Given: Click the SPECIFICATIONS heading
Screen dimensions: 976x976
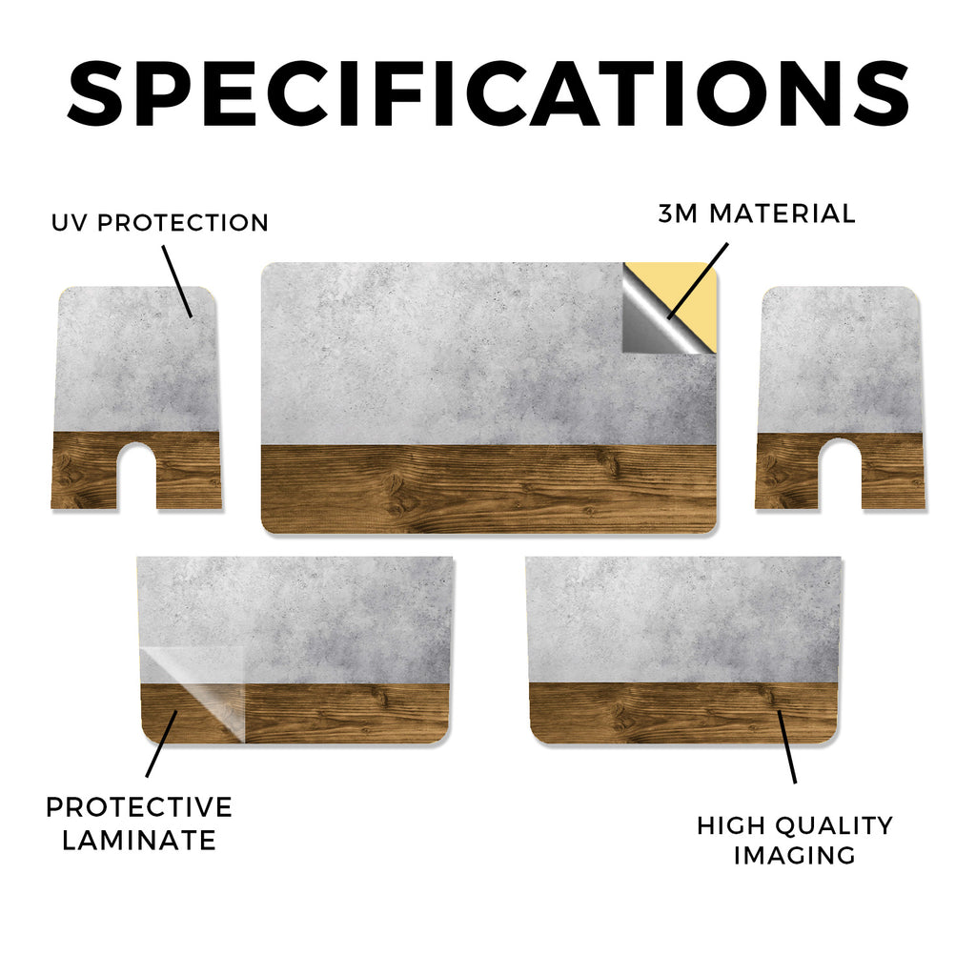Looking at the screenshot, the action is (x=488, y=93).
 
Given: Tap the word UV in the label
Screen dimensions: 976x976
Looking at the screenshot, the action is (x=70, y=223).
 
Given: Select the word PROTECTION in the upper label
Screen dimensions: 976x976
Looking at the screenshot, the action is (x=183, y=223).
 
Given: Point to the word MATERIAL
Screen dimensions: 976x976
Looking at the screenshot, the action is (x=783, y=213).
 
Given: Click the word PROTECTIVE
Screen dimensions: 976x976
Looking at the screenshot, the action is (x=139, y=807).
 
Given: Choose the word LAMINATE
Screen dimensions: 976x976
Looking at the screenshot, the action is (x=139, y=841).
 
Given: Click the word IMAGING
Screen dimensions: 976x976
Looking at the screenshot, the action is (x=794, y=855).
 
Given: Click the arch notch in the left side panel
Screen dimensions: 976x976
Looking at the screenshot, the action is (x=136, y=474).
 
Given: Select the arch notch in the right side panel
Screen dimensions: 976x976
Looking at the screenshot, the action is (x=840, y=474).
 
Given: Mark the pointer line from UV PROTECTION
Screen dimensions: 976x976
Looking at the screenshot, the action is (x=177, y=281).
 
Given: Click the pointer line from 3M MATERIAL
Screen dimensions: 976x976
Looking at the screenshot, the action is (x=697, y=281).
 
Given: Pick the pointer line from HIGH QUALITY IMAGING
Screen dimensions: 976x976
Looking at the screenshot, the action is (x=786, y=746).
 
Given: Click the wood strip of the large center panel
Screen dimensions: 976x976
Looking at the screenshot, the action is (x=489, y=489).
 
